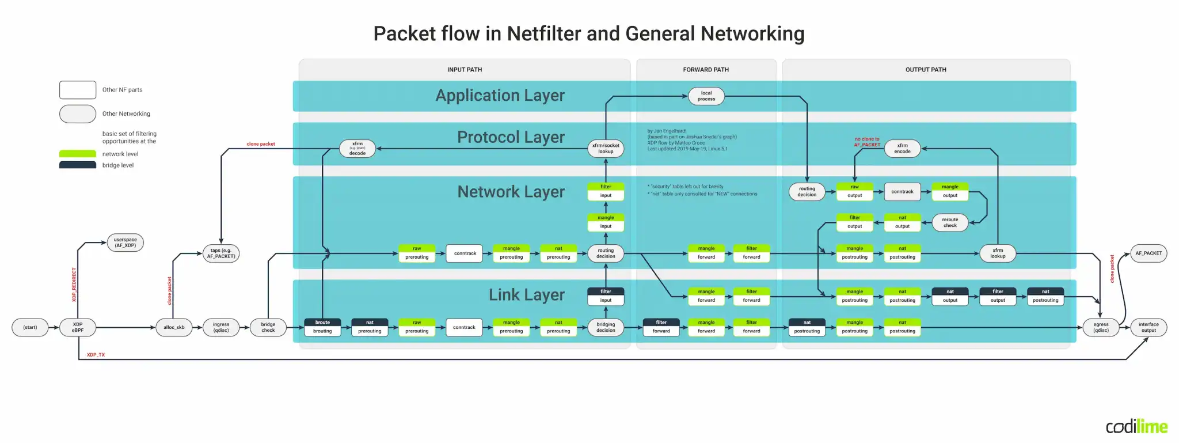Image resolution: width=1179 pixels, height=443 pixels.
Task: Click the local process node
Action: click(x=706, y=96)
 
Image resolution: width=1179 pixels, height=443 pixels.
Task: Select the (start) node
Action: click(x=30, y=327)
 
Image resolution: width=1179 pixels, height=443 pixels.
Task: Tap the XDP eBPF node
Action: click(x=78, y=327)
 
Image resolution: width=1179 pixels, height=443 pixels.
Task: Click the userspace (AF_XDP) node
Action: click(x=125, y=243)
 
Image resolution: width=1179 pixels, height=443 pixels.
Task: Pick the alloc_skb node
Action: click(x=174, y=327)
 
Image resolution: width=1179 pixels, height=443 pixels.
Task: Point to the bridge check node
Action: click(x=268, y=327)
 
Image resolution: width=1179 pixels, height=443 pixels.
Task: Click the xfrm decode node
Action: click(x=357, y=149)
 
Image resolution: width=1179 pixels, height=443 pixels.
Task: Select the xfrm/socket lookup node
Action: click(x=606, y=149)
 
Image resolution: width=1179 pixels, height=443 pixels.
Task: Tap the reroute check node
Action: click(x=950, y=222)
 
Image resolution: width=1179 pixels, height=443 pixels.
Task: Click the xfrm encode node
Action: click(x=902, y=149)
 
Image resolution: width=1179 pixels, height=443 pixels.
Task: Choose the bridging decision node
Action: click(x=606, y=327)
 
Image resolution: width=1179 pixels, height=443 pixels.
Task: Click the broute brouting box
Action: click(x=322, y=327)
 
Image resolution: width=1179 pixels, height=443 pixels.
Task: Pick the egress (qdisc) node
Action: click(x=1101, y=327)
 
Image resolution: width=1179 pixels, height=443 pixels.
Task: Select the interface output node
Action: click(x=1148, y=327)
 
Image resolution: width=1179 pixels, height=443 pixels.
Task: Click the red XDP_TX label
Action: click(x=96, y=355)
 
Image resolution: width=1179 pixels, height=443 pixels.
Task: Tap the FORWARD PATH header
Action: click(x=706, y=70)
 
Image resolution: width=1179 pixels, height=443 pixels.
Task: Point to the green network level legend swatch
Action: click(x=78, y=154)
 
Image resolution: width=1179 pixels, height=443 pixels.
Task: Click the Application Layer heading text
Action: click(x=500, y=96)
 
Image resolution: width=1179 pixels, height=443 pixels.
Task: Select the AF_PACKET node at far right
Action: click(x=1148, y=253)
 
